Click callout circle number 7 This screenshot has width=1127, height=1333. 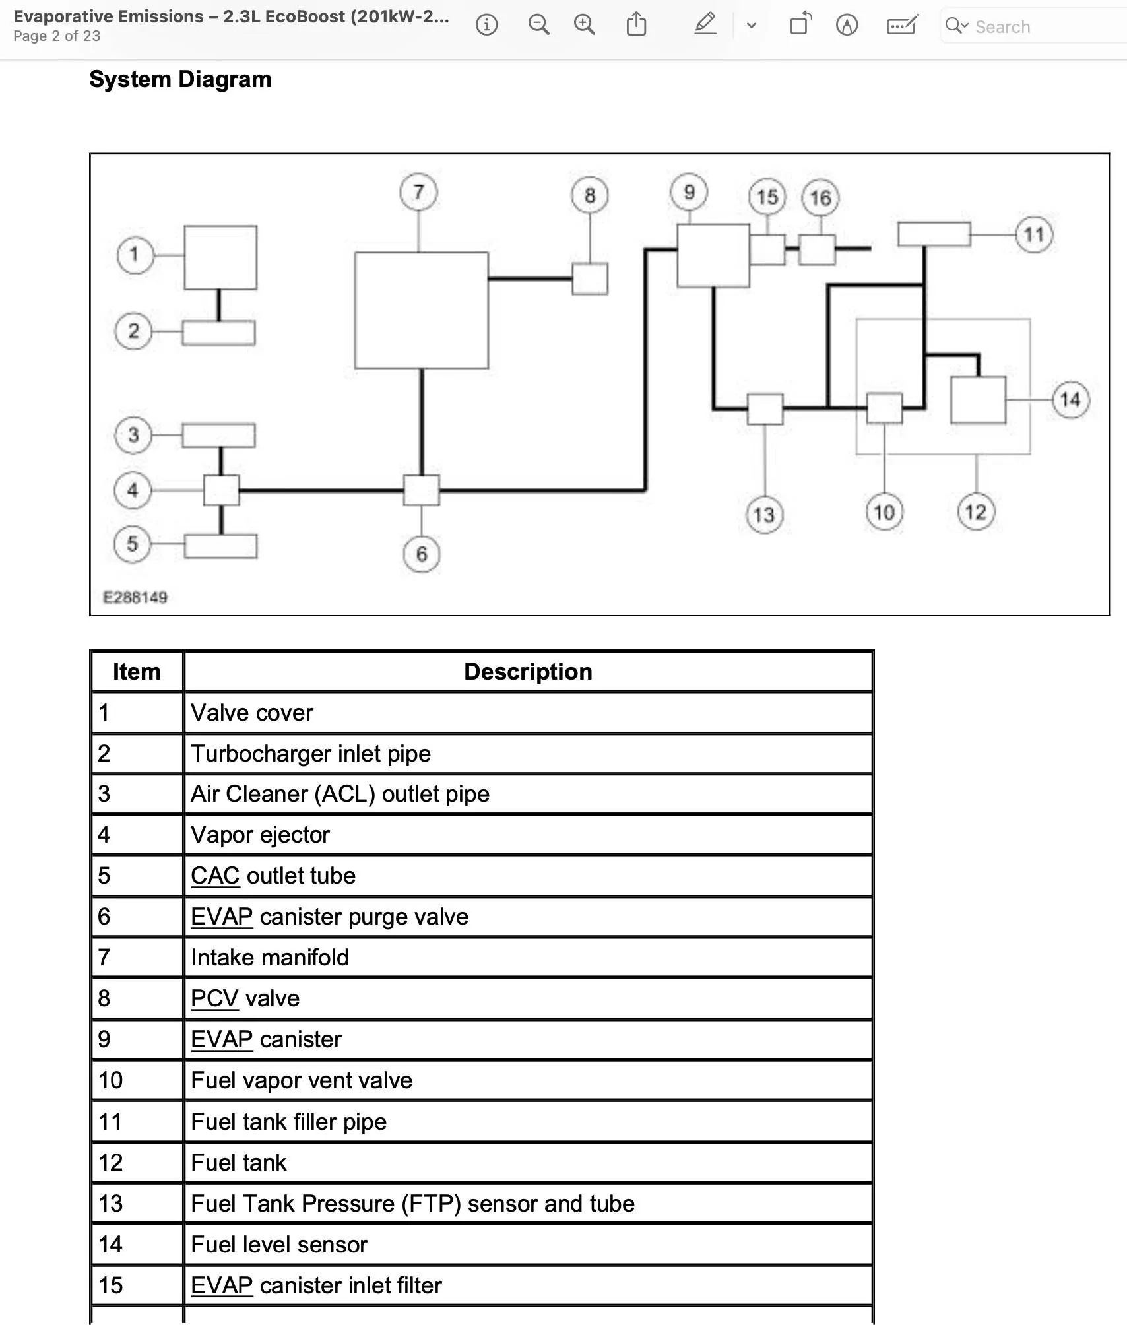[x=418, y=192]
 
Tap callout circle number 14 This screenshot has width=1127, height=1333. [x=1070, y=399]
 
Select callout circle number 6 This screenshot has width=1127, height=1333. [x=421, y=554]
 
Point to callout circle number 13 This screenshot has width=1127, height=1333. [x=764, y=515]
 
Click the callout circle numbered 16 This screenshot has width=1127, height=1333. [x=820, y=197]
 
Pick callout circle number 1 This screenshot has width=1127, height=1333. [x=135, y=255]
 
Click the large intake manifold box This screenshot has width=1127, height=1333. [x=422, y=310]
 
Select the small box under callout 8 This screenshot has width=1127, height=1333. [x=590, y=278]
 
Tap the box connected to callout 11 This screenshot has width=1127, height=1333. [x=934, y=234]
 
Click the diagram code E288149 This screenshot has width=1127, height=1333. [x=135, y=597]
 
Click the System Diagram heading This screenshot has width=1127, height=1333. [x=180, y=79]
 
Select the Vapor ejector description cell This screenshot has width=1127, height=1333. [x=528, y=835]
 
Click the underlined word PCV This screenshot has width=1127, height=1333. [x=214, y=998]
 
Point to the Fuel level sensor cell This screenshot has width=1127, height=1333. [x=528, y=1244]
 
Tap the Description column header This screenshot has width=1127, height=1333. [x=528, y=672]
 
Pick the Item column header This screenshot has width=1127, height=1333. [x=137, y=672]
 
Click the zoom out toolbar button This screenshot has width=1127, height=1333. [x=538, y=25]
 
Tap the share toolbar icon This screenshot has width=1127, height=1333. [x=636, y=24]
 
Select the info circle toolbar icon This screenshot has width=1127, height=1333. [x=487, y=25]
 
